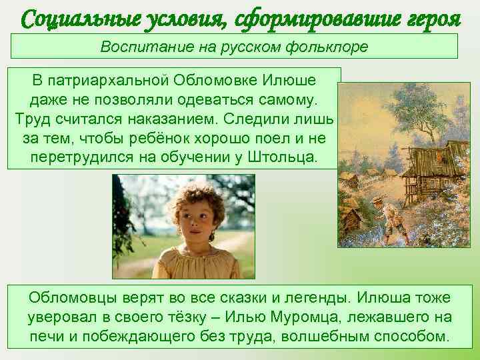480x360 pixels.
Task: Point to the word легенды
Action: pos(320,297)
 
